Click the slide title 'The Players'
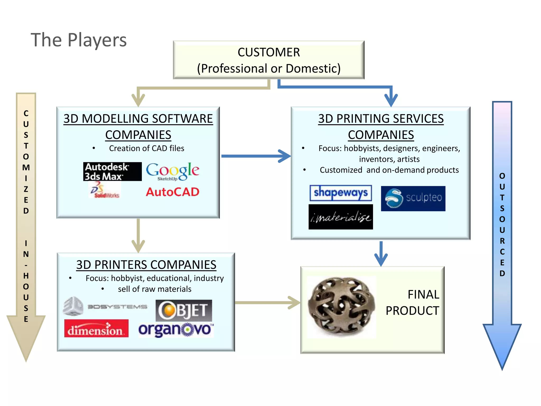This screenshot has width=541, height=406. (x=79, y=40)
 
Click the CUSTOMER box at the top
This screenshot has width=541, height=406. (x=269, y=60)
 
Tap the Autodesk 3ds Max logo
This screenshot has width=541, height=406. (x=112, y=172)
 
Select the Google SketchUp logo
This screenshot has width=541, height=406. (x=173, y=172)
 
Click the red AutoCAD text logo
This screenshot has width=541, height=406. (x=172, y=192)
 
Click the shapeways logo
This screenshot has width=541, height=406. (x=341, y=193)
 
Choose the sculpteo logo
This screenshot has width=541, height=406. (x=413, y=198)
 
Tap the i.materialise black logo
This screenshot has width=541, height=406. (x=341, y=217)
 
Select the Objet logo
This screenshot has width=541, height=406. (x=184, y=310)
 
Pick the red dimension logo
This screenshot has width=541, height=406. (x=96, y=329)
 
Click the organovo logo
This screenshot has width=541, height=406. (x=176, y=330)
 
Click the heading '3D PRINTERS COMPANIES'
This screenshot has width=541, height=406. (x=146, y=265)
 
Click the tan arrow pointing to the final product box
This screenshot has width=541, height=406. (x=267, y=303)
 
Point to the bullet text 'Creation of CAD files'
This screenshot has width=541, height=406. (x=147, y=148)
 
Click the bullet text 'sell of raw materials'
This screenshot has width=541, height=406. (x=155, y=289)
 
